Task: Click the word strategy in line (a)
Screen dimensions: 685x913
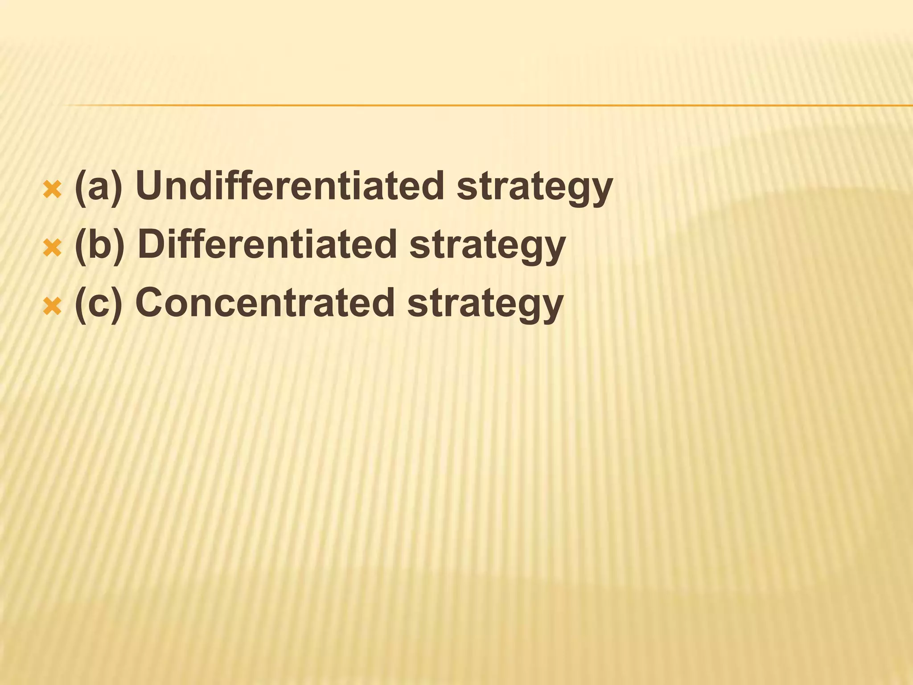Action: pyautogui.click(x=535, y=187)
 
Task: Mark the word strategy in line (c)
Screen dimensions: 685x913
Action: pyautogui.click(x=485, y=305)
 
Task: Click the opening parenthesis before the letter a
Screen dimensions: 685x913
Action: pyautogui.click(x=80, y=187)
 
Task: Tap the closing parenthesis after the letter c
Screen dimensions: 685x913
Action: pyautogui.click(x=116, y=304)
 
